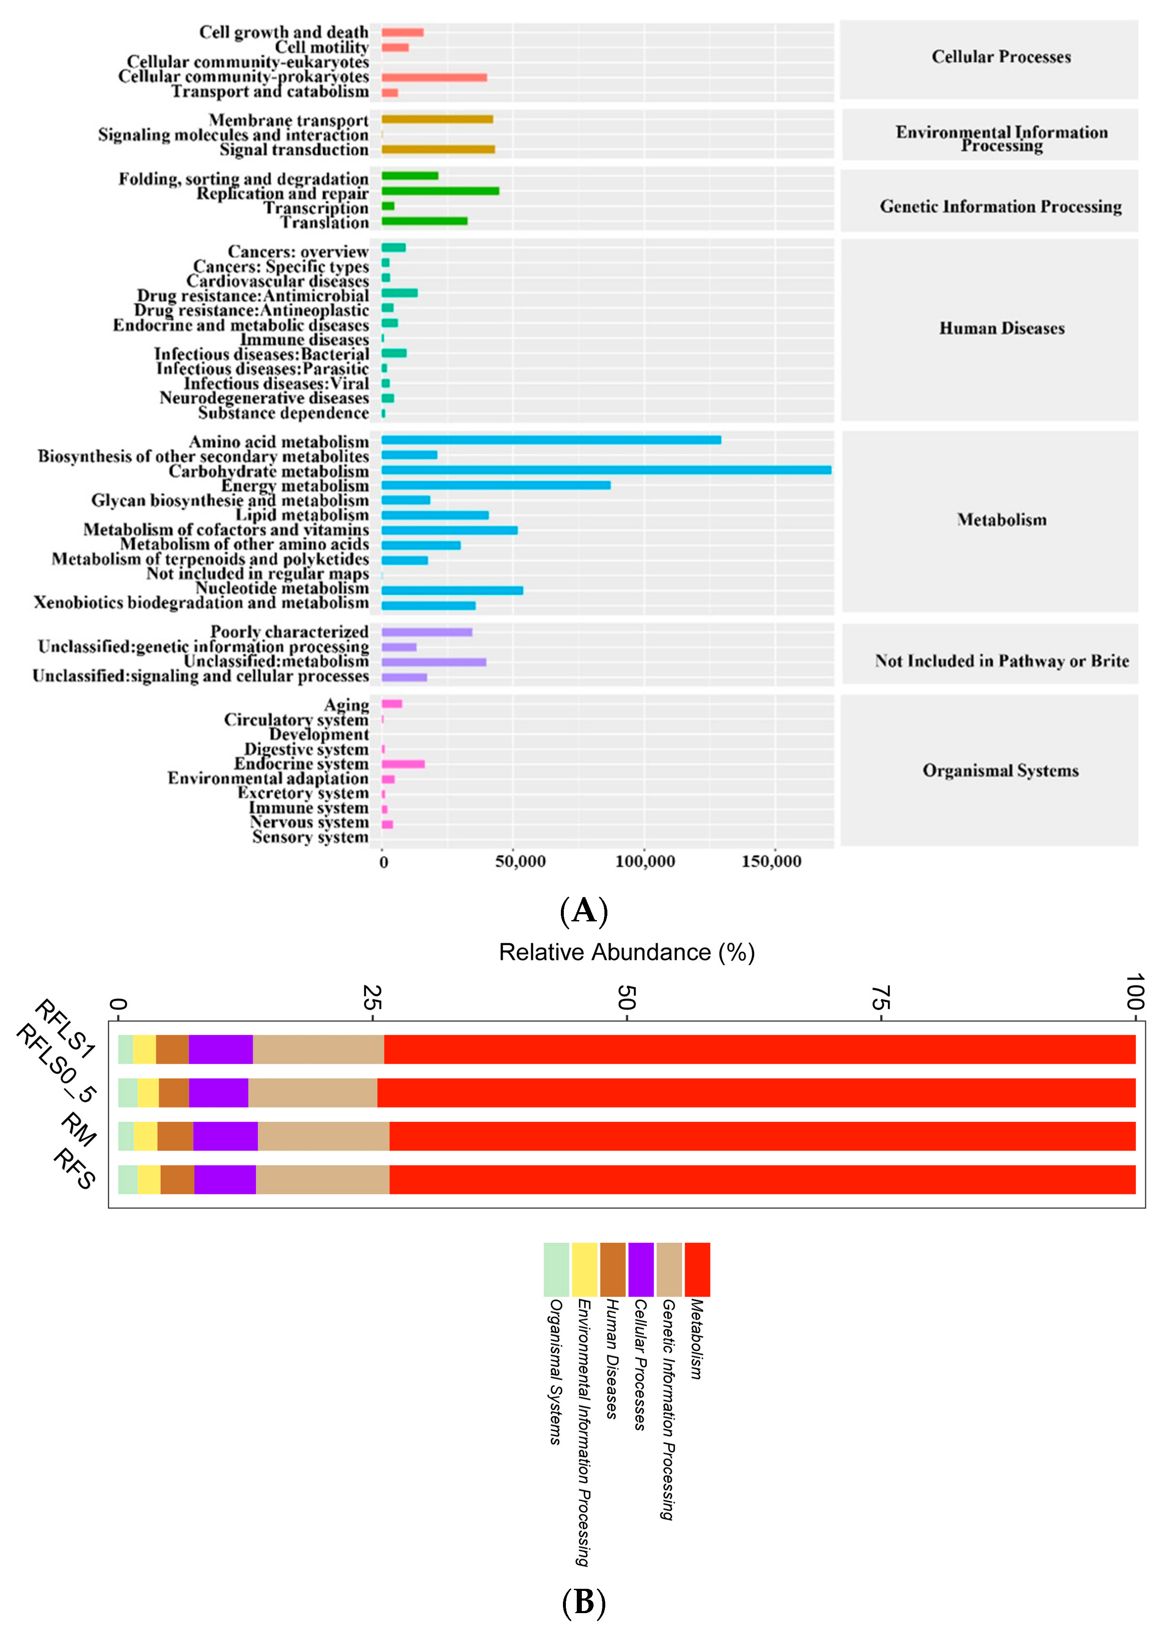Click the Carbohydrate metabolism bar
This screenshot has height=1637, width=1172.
point(606,470)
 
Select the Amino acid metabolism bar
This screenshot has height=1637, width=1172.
point(551,440)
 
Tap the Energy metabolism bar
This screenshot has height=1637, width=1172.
point(496,485)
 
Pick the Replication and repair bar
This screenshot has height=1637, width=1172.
point(440,191)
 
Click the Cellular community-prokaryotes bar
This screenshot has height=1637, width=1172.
point(434,77)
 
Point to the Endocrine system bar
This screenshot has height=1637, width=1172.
point(403,764)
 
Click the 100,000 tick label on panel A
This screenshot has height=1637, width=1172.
point(645,861)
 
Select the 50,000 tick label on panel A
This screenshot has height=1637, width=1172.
point(520,861)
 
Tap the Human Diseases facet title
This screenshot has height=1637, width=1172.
point(1001,328)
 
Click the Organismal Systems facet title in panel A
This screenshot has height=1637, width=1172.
point(1000,771)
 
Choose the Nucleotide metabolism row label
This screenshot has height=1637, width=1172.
point(282,588)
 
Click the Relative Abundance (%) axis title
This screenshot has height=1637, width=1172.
point(626,952)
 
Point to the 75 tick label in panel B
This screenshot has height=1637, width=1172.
point(880,998)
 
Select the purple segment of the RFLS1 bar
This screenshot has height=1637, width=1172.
point(221,1050)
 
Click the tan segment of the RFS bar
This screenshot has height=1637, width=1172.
point(323,1179)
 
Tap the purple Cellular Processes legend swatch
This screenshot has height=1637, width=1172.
point(640,1270)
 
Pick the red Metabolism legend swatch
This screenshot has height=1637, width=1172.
point(697,1270)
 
